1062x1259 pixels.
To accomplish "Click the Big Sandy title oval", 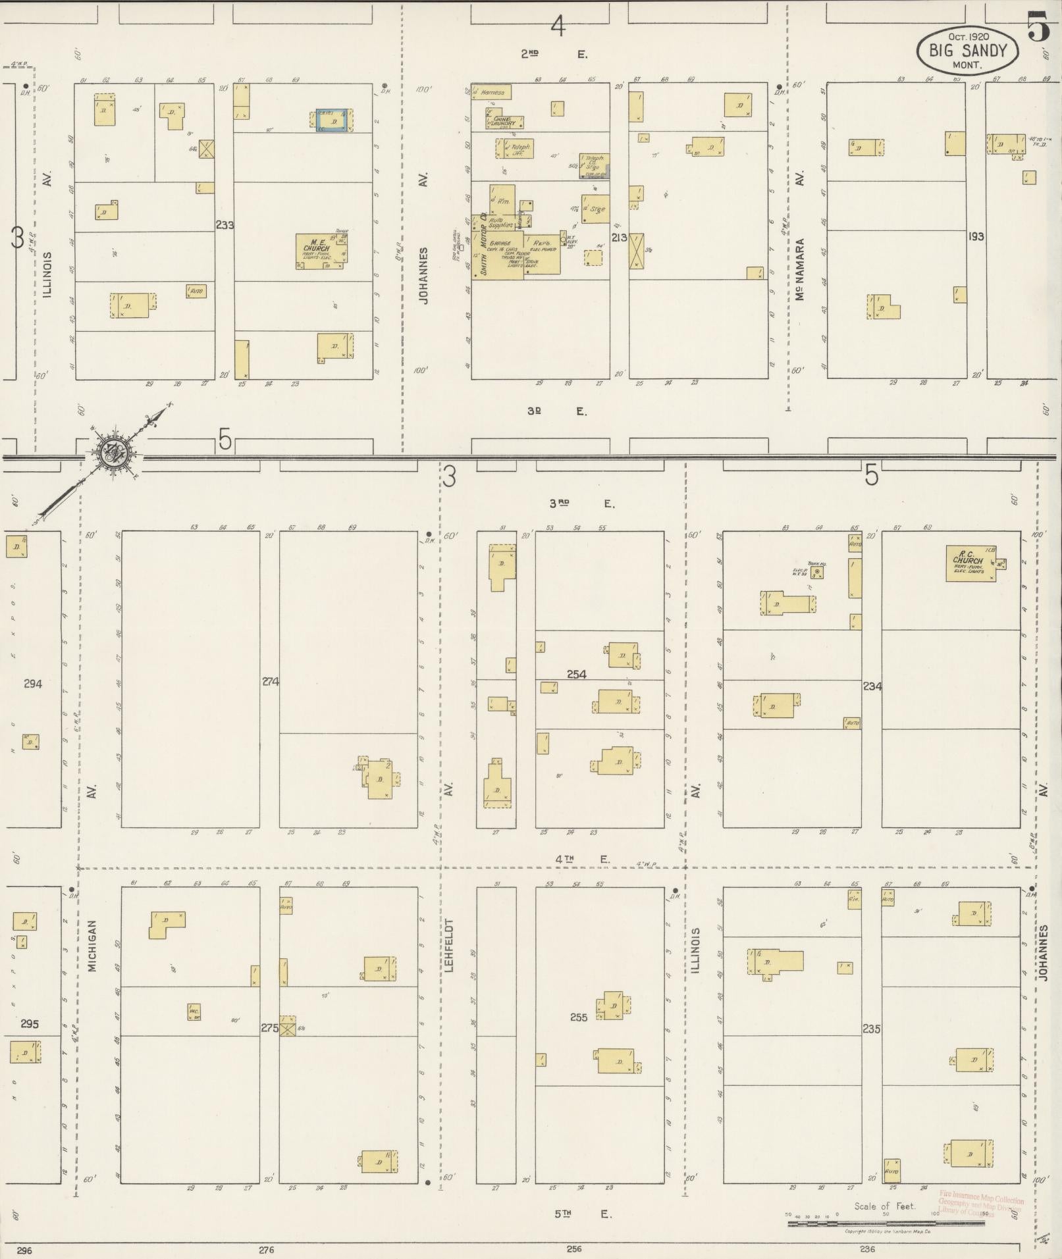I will pos(967,51).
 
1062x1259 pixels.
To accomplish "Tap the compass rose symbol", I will pos(115,452).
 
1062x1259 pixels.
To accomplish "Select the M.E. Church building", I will pos(321,251).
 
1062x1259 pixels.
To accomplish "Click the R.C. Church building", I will pos(970,563).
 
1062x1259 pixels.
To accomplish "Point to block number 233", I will pos(225,225).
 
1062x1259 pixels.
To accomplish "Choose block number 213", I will pos(619,238).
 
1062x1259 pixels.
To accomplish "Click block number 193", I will pos(976,236).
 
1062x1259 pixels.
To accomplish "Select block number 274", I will pos(271,682).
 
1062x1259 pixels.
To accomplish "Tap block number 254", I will pos(577,674).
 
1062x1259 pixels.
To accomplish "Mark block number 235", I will pos(871,1029).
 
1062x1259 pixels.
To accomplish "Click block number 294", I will pos(33,684).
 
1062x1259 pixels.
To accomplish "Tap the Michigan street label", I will pos(92,946).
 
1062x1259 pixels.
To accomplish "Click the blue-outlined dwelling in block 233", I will pos(332,120).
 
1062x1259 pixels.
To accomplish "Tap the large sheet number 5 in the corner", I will pos(1038,28).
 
